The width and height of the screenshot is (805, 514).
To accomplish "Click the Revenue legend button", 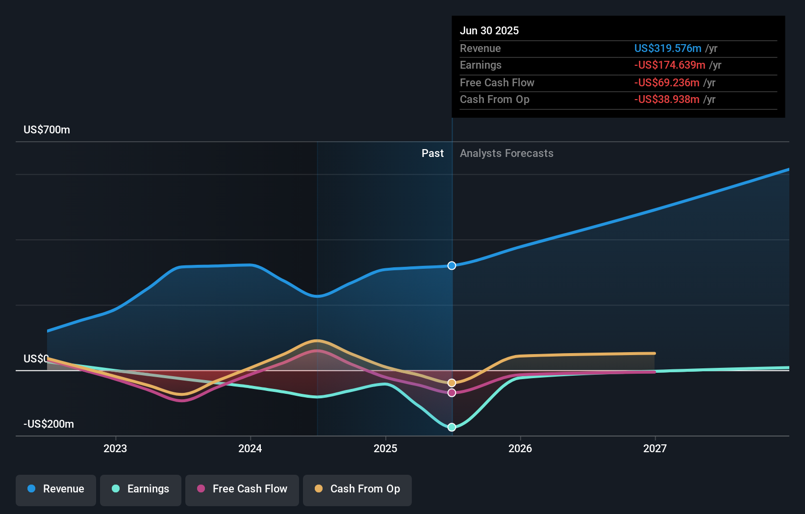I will coord(56,489).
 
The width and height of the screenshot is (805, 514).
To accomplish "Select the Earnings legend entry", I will coord(141,489).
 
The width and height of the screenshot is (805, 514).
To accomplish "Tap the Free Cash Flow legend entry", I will coord(242,489).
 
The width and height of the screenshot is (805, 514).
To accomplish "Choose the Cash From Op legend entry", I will coord(357,489).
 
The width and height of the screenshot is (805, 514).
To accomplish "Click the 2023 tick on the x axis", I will coord(115,448).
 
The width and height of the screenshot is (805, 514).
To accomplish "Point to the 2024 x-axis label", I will coord(250,448).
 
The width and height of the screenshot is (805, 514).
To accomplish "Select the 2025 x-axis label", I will coord(385,448).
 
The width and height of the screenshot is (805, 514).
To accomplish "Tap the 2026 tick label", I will coord(520,448).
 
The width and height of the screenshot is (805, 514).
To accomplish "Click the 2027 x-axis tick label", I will coord(655,448).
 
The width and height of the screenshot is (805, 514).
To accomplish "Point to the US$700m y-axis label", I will coord(47,130).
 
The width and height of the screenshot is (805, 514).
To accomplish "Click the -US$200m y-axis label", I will coord(49,424).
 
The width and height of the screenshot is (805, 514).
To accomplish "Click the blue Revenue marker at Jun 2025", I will coord(452,266).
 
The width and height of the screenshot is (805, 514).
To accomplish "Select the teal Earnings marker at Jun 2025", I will coord(452,427).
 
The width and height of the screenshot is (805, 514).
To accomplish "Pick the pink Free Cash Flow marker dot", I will coord(452,393).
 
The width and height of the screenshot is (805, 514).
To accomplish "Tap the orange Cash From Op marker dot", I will coord(452,383).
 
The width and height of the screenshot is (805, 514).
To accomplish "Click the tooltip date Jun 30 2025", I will coord(489,31).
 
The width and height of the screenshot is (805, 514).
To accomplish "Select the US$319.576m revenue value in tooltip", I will coord(668,49).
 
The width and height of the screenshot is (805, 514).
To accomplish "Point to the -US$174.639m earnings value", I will coord(670,65).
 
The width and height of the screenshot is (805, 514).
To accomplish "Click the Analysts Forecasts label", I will coord(506,154).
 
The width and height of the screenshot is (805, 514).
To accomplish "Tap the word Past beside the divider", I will coord(432,154).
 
